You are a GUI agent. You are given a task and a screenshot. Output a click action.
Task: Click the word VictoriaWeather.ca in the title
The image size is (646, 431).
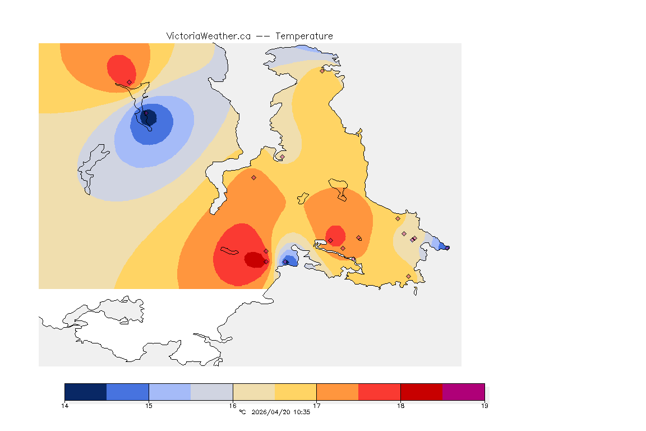pos(208,36)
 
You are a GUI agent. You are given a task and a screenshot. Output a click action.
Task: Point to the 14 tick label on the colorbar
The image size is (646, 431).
pos(64,406)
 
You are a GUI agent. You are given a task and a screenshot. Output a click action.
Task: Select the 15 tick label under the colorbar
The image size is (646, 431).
pos(149,406)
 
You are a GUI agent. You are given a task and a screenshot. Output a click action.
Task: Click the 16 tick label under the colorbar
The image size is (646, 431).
pos(233,406)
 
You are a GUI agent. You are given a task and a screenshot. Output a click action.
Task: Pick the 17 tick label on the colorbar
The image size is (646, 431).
pos(317,406)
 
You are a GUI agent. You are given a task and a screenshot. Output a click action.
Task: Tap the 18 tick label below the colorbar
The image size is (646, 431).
pos(400,406)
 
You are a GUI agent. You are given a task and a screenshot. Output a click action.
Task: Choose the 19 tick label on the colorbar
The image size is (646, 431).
pos(484,406)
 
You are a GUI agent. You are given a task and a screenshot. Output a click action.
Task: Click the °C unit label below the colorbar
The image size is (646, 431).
pos(242,412)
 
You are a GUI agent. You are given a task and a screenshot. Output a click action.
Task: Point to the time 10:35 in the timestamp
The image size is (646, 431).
pos(302,412)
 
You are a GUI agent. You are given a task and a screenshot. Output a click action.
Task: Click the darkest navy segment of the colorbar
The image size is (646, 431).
pos(85,392)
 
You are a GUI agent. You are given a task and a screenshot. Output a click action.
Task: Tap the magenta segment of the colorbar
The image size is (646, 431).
pos(464,392)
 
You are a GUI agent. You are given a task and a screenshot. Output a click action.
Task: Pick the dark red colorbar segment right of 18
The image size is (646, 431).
pos(422,392)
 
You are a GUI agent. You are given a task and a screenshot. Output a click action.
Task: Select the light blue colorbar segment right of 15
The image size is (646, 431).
pos(169,392)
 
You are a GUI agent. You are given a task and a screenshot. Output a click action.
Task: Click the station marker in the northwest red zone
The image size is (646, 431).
pos(129,82)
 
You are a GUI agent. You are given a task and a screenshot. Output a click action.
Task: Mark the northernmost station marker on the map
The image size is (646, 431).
pos(322,71)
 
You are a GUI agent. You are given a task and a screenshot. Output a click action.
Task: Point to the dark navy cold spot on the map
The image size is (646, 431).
pos(149,118)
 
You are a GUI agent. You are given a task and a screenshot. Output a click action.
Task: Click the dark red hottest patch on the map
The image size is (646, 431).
pos(254,259)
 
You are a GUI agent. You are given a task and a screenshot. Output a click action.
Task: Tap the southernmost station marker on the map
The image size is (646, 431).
pos(408,276)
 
